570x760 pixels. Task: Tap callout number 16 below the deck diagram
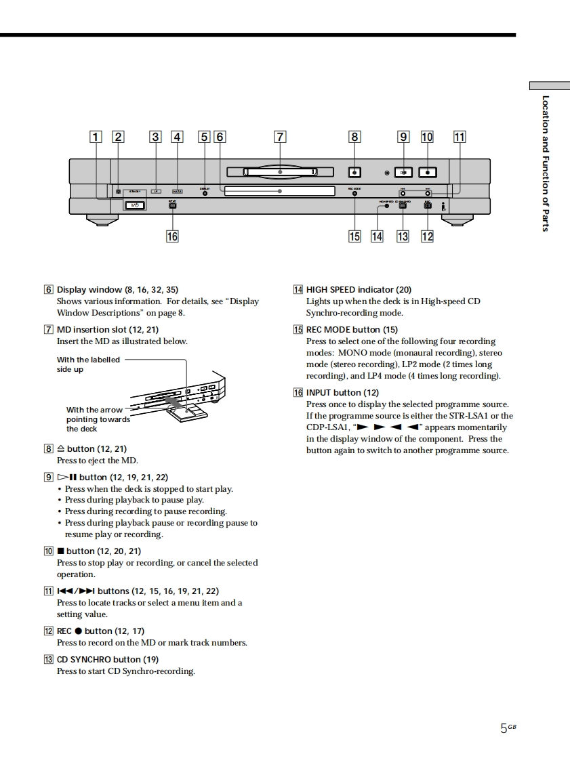coord(173,236)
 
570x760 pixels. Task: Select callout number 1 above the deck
coord(96,136)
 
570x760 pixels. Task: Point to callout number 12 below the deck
coord(427,236)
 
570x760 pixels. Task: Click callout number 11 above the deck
coord(460,136)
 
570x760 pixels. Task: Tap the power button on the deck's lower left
coord(135,205)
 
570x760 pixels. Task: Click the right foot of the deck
coord(457,220)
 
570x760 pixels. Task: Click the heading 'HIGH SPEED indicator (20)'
coord(359,290)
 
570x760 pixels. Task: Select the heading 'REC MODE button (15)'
coord(352,330)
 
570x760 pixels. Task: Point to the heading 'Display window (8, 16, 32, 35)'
coord(117,290)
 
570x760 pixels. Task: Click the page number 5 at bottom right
coord(504,728)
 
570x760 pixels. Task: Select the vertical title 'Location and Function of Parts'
coord(546,163)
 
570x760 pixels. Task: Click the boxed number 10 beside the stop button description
coord(48,551)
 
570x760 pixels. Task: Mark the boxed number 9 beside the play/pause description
coord(48,478)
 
